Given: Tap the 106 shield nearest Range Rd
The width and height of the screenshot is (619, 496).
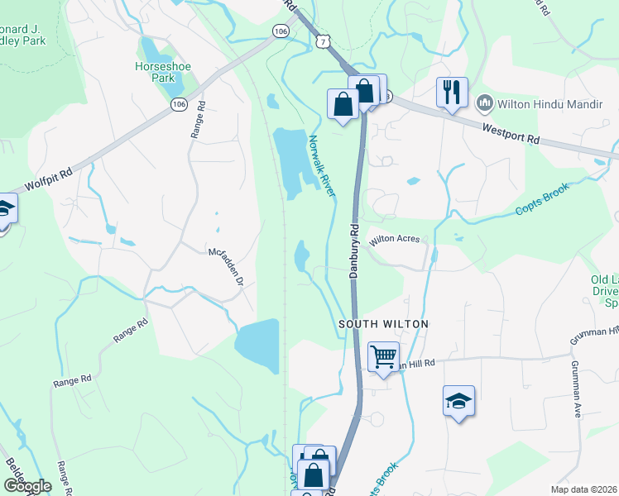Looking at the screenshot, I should [x=178, y=104].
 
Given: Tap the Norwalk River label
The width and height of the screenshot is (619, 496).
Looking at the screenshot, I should [x=322, y=165].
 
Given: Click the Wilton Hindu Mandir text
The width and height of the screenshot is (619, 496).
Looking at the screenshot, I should [x=544, y=103].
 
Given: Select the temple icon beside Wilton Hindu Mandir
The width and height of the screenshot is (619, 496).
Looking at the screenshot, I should [x=485, y=103].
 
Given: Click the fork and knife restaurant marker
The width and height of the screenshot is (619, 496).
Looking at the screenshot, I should [x=452, y=91].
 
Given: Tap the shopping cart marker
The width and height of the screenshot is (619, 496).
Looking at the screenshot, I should [x=383, y=357].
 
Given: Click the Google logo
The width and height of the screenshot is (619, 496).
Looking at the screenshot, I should [x=27, y=486].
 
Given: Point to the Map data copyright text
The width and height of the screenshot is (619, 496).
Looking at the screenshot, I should [x=583, y=489].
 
